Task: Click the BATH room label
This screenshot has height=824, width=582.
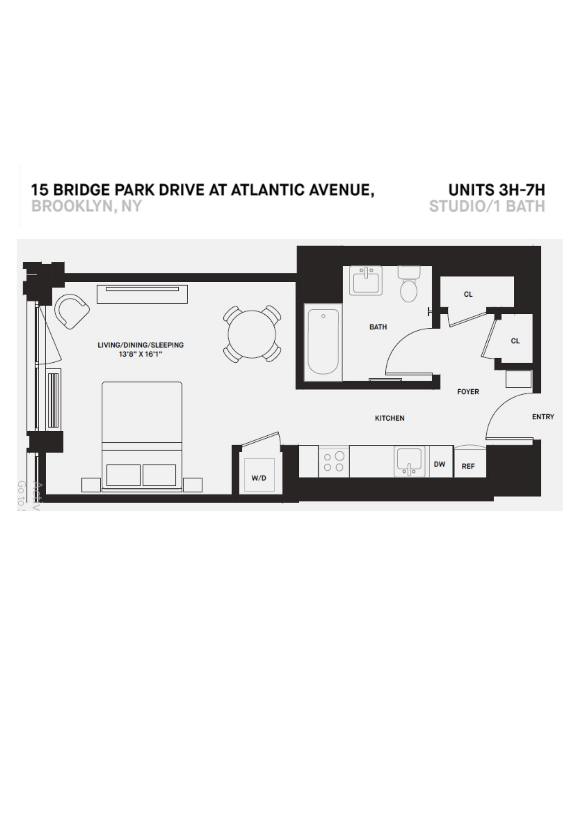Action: tap(378, 327)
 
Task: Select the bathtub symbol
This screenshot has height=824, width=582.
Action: tap(323, 341)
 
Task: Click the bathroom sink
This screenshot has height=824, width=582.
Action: tap(366, 280)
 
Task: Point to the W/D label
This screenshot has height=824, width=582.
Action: tap(259, 478)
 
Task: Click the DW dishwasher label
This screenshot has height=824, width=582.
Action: tap(439, 464)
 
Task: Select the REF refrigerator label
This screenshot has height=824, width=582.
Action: tap(468, 466)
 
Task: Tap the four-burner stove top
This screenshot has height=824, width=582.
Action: tap(334, 461)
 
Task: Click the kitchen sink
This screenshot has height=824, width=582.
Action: tap(409, 461)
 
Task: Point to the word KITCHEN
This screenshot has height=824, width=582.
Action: tap(389, 418)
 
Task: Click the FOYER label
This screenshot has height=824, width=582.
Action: tap(468, 392)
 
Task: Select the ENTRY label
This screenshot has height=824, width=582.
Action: tap(543, 417)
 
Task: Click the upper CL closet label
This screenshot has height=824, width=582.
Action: tap(468, 294)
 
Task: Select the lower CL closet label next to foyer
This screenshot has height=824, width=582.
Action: tap(515, 341)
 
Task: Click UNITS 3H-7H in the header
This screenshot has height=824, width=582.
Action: tap(497, 190)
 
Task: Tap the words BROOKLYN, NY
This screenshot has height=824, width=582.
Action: tap(86, 206)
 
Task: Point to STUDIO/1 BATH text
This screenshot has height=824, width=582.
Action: tap(487, 206)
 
